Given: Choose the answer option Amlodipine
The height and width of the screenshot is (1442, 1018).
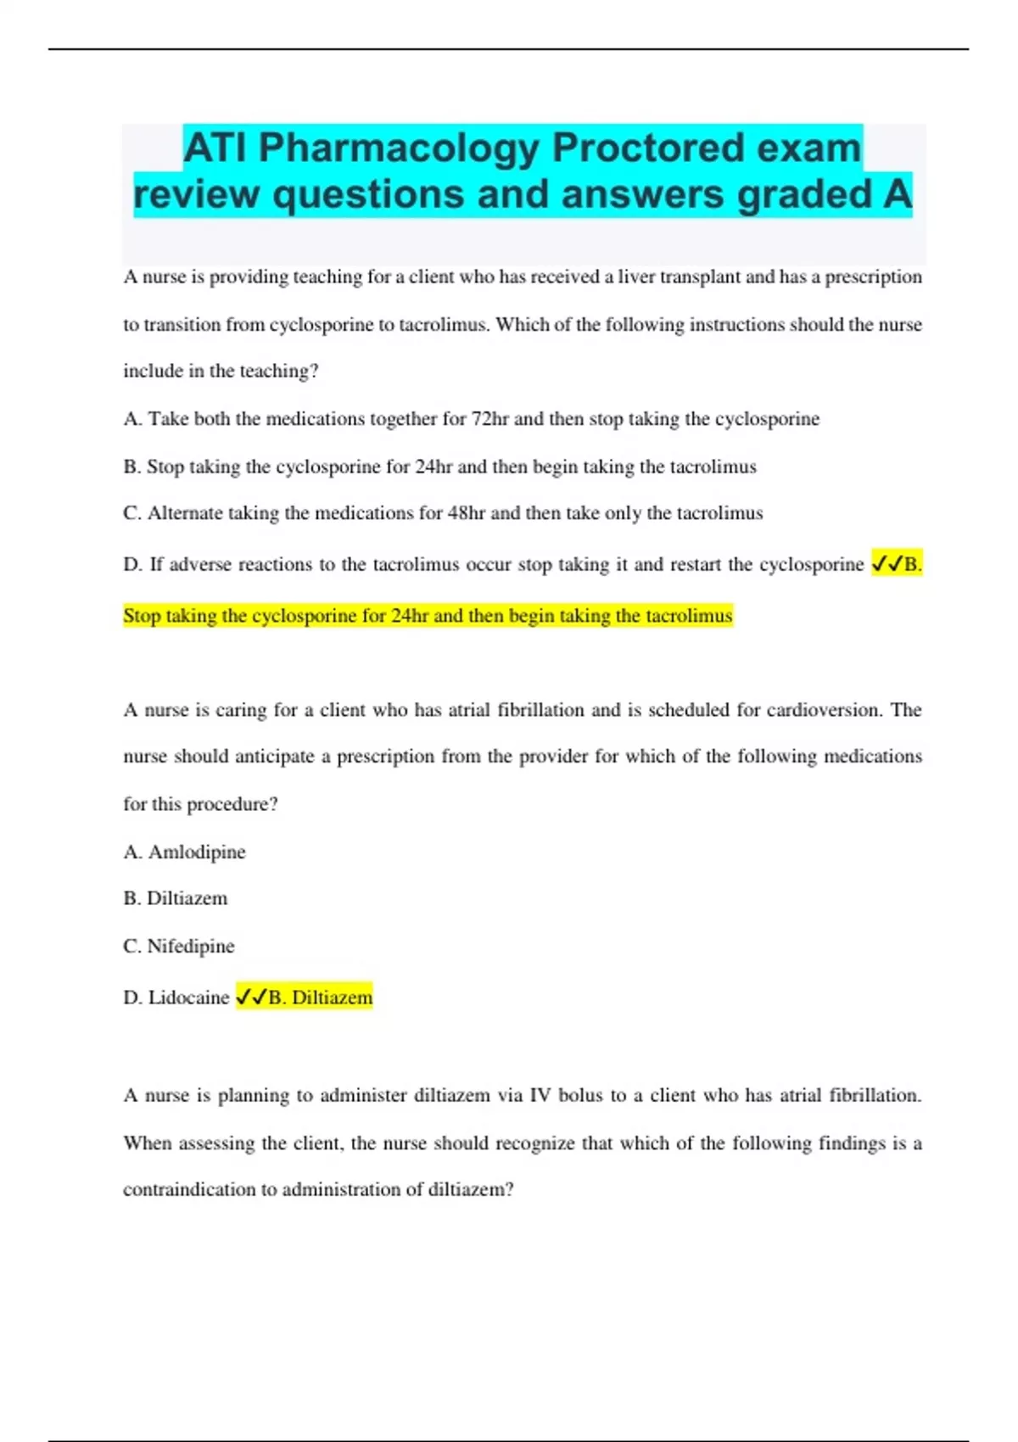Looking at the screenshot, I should pos(197,852).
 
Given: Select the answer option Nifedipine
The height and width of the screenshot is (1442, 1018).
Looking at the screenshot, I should pos(191,946).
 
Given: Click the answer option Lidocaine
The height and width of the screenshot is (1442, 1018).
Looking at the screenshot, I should pos(189,998).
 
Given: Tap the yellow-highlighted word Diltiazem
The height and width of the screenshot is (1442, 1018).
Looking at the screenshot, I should pos(332,998).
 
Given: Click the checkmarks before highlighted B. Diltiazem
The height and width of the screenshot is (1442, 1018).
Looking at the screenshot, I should pos(251,998).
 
